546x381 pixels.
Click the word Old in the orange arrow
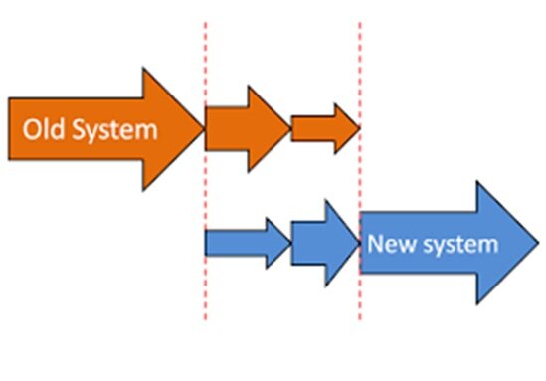click(44, 129)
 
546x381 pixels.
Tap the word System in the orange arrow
click(115, 131)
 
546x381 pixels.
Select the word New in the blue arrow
click(392, 243)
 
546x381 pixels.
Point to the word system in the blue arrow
click(461, 245)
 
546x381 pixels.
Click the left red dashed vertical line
click(206, 171)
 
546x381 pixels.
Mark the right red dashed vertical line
click(360, 171)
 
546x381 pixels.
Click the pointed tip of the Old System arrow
click(204, 129)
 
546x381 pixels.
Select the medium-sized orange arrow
click(249, 129)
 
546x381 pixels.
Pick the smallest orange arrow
click(325, 128)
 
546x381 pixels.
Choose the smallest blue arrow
click(249, 243)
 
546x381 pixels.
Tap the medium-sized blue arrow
click(325, 243)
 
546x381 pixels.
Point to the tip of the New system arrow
click(539, 243)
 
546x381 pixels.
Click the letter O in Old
click(33, 129)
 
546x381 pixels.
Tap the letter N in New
click(375, 243)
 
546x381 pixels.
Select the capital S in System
click(79, 129)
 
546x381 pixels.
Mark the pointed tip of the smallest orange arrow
click(360, 128)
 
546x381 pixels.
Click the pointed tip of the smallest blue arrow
click(291, 243)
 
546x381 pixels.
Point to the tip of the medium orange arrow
click(291, 129)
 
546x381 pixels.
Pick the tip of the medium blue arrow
click(360, 243)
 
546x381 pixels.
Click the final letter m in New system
click(490, 245)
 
